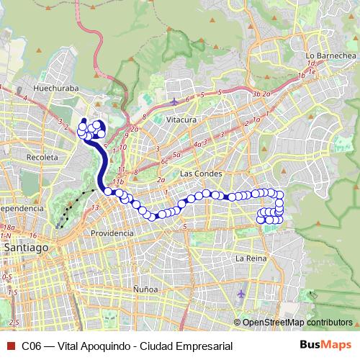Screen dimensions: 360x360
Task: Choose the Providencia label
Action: coord(112,233)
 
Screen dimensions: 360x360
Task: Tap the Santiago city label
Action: coord(25,247)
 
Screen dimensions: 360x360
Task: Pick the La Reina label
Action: coord(251,257)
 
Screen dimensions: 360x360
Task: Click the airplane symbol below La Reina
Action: coord(240,294)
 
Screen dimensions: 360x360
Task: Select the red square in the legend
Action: coord(9,346)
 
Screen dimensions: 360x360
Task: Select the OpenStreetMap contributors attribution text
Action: coord(296,323)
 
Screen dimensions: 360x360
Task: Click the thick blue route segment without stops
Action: coord(102,163)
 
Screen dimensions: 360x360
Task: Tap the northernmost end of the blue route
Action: coord(84,121)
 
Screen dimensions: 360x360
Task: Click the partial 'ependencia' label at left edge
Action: coord(22,207)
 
